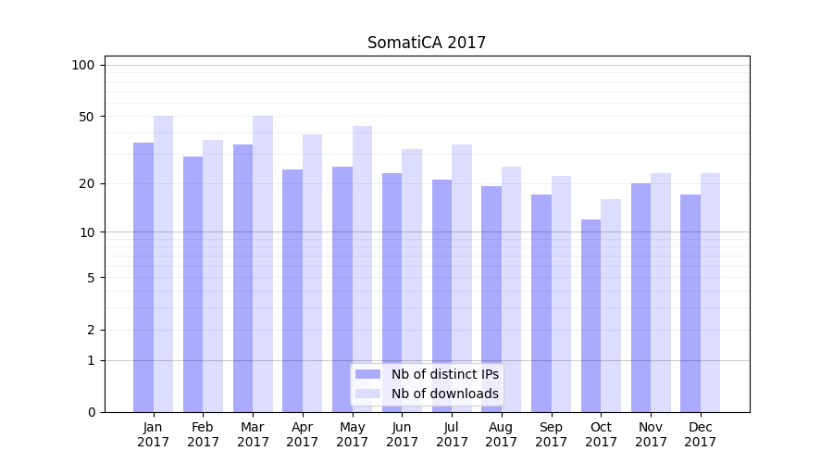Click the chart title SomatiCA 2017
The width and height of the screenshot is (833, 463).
pos(426,43)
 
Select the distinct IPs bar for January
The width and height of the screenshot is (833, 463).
pos(143,278)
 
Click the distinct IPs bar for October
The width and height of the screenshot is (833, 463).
pos(591,316)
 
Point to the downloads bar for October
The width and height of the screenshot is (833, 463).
pos(611,306)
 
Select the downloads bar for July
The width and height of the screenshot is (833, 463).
pos(462,278)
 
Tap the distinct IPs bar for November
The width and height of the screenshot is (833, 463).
pos(640,297)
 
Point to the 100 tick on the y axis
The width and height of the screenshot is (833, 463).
pos(83,65)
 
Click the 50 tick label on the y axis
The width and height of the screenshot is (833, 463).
pos(86,117)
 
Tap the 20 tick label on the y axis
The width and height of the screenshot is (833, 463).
pos(86,183)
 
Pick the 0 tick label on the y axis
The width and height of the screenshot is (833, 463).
pos(91,412)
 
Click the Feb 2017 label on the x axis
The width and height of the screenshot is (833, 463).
pos(203,434)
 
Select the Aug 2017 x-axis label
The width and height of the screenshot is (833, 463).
pos(502,434)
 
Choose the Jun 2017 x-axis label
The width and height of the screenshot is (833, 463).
pos(402,434)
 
